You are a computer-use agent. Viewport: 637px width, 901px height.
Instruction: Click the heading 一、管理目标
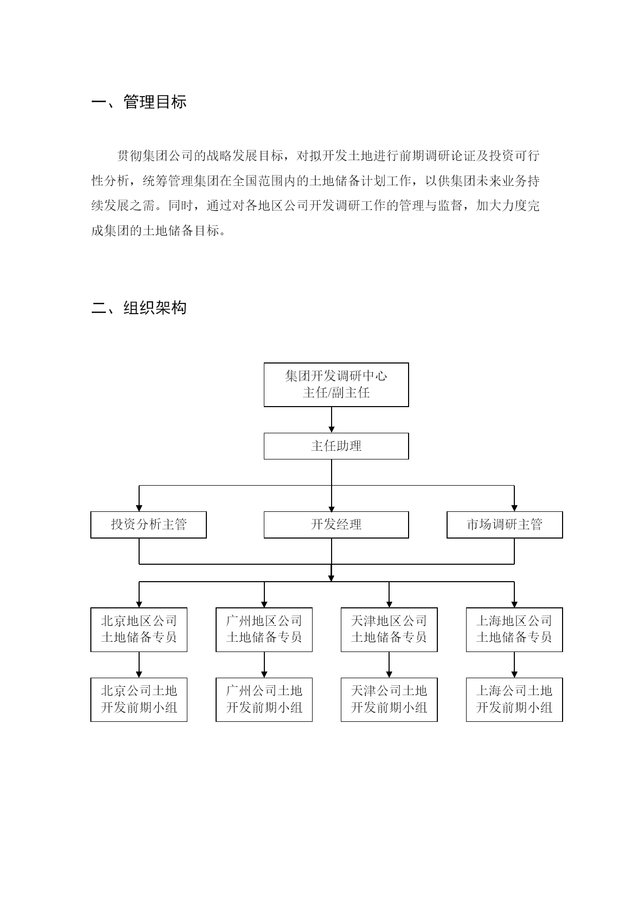(139, 102)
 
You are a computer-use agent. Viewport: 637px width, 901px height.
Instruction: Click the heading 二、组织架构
(139, 308)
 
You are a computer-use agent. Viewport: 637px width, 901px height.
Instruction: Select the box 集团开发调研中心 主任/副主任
(336, 385)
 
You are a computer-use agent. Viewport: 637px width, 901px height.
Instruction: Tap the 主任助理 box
(336, 446)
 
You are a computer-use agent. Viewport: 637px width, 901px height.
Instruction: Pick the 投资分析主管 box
(148, 525)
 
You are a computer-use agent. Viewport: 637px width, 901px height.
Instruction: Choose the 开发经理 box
(336, 525)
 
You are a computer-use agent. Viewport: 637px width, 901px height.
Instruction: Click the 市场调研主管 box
(505, 525)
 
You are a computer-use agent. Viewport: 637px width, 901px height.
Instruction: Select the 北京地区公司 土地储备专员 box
(139, 630)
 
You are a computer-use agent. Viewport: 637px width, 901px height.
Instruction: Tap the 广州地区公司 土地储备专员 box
(264, 630)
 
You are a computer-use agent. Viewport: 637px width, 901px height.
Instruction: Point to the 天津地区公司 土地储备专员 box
(389, 630)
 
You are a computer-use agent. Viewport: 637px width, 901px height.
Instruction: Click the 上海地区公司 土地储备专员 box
(514, 630)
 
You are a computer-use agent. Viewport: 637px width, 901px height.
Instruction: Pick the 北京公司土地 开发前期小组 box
(139, 700)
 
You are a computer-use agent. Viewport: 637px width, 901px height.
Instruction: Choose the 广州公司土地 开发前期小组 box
(264, 700)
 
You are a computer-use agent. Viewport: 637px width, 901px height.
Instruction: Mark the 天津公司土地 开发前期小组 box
(389, 700)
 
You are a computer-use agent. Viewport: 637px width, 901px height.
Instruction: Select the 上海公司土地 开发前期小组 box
(514, 700)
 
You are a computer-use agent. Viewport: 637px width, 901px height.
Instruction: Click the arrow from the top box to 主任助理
(332, 420)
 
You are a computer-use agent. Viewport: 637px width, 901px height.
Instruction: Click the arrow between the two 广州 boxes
(264, 665)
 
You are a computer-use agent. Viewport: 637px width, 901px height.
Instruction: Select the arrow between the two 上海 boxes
(514, 665)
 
